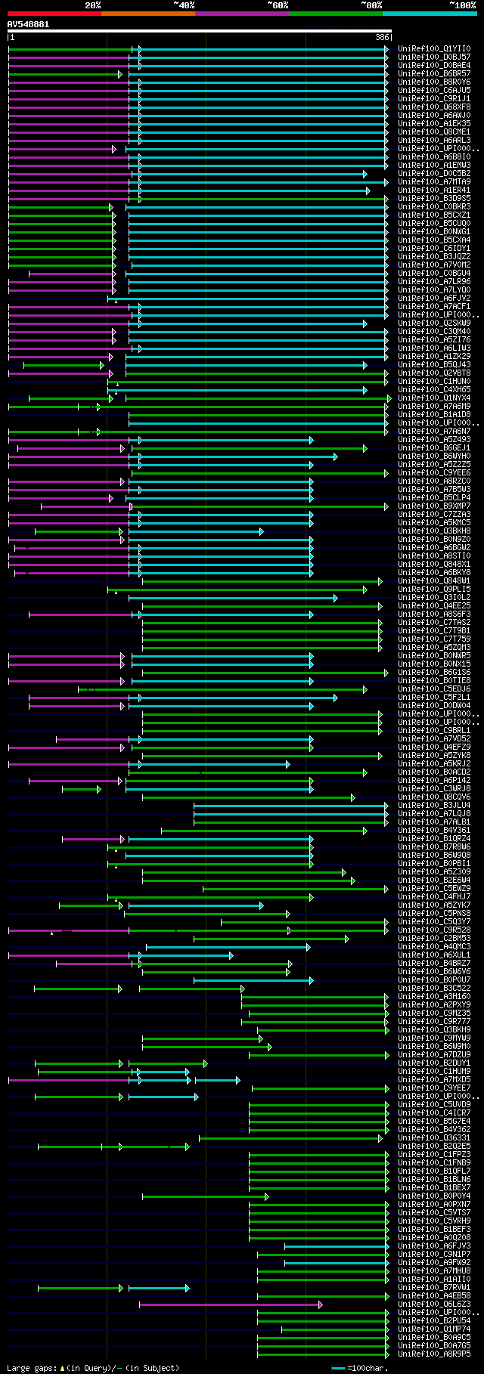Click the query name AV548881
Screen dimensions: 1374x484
pyautogui.click(x=28, y=24)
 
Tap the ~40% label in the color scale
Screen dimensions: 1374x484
pyautogui.click(x=184, y=5)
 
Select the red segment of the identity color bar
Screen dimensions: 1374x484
pyautogui.click(x=54, y=14)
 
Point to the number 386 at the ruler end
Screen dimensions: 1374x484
pyautogui.click(x=381, y=37)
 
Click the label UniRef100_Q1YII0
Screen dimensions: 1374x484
pyautogui.click(x=434, y=48)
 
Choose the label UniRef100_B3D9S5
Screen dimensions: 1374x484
pyautogui.click(x=434, y=198)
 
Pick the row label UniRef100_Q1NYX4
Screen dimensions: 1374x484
pyautogui.click(x=434, y=398)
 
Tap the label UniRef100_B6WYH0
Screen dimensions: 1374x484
pyautogui.click(x=434, y=456)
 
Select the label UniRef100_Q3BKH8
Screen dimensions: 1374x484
pyautogui.click(x=434, y=531)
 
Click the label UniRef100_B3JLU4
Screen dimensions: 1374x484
pyautogui.click(x=434, y=805)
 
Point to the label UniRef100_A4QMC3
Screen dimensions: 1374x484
pyautogui.click(x=434, y=946)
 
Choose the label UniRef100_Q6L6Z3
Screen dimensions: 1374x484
pyautogui.click(x=434, y=1304)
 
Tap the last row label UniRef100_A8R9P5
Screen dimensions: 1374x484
pyautogui.click(x=434, y=1354)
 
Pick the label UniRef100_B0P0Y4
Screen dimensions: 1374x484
pyautogui.click(x=434, y=1196)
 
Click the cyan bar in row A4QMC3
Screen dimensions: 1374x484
pyautogui.click(x=227, y=946)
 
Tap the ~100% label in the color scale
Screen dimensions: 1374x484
pyautogui.click(x=462, y=5)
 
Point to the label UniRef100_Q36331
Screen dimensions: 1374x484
pyautogui.click(x=434, y=1137)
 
